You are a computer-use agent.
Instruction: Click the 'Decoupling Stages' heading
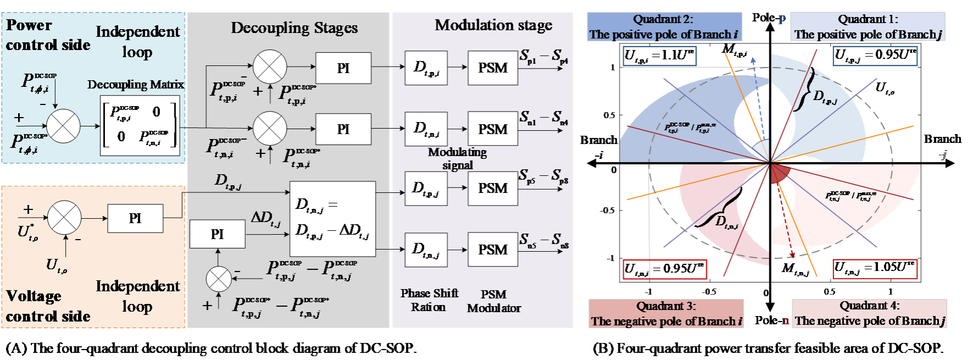pos(294,27)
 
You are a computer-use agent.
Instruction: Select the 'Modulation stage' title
pos(493,25)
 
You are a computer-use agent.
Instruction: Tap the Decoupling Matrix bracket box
pos(140,125)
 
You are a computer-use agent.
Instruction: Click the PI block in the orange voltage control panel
pos(135,218)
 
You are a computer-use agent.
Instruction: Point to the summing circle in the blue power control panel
pos(64,125)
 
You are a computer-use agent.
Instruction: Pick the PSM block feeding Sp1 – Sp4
pos(493,68)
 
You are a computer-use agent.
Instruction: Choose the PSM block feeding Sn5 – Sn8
pos(493,250)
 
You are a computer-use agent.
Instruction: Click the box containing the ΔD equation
pos(333,218)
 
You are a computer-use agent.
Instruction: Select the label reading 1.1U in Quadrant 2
pos(660,56)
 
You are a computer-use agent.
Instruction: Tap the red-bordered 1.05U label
pos(875,268)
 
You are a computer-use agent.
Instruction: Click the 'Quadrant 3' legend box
pos(666,314)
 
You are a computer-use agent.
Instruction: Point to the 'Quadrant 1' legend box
pos(868,27)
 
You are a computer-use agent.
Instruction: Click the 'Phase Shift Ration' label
pos(429,300)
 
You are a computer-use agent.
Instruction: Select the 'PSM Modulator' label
pos(494,301)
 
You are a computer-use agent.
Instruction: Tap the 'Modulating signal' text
pos(457,158)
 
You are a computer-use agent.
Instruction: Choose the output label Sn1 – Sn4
pos(544,118)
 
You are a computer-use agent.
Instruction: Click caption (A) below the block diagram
pos(219,348)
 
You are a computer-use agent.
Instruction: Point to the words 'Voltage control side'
pos(47,306)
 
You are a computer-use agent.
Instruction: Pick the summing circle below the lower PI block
pos(219,279)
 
